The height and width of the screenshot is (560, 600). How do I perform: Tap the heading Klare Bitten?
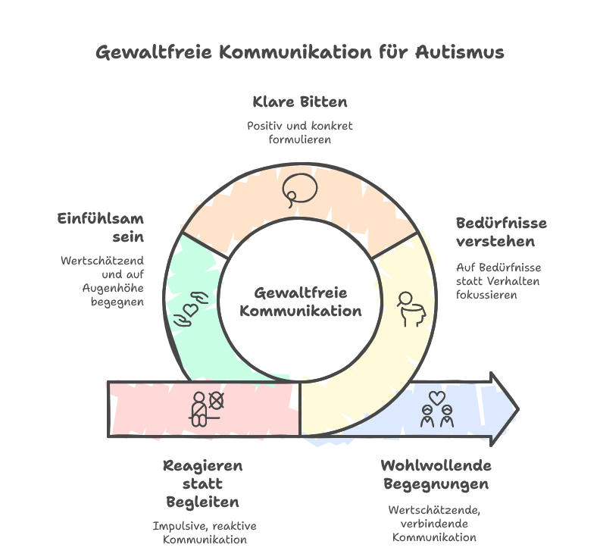point(300,102)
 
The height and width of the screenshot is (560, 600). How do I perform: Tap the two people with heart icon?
point(436,408)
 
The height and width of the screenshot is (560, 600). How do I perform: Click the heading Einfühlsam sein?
point(101,227)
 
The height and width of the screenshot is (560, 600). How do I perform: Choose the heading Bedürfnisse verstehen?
point(501,232)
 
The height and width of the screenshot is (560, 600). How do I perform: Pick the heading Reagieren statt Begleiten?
point(202,483)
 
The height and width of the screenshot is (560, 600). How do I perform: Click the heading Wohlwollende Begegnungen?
point(436,474)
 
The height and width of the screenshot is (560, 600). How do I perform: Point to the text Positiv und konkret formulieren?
point(300,133)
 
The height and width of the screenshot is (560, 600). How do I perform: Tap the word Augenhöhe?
point(113,288)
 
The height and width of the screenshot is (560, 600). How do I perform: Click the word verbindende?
point(435,524)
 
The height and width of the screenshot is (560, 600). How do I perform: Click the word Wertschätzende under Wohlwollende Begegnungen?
point(435,510)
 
